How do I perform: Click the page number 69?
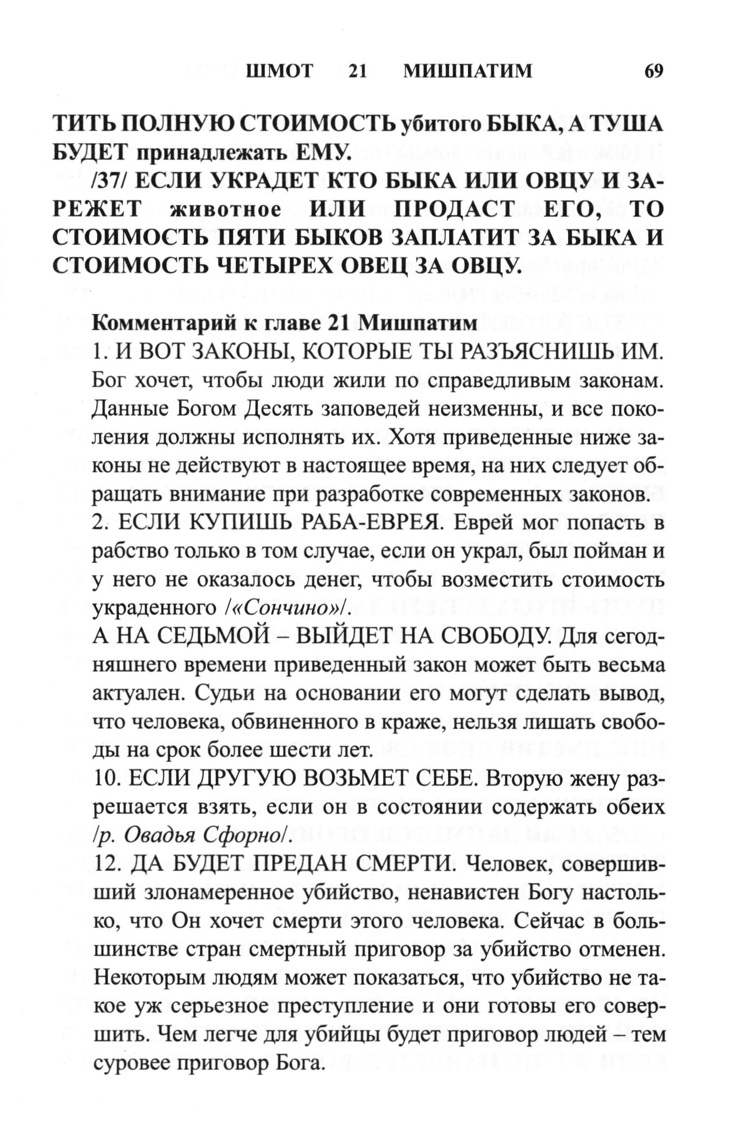coord(653,72)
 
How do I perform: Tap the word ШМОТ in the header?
coord(280,72)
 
